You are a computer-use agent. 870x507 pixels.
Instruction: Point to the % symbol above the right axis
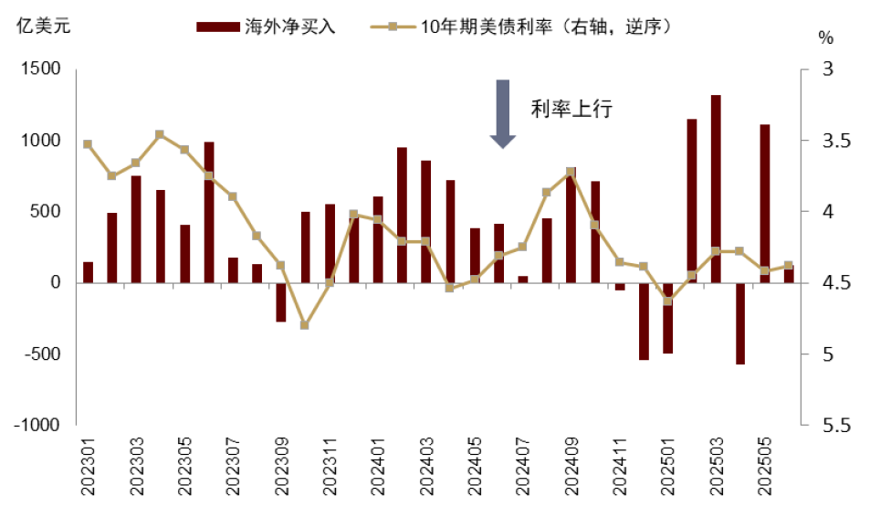[825, 38]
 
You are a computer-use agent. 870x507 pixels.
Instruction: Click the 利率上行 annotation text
[571, 109]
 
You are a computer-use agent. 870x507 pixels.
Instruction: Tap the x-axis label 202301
[89, 468]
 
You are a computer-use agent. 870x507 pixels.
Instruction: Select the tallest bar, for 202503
[716, 188]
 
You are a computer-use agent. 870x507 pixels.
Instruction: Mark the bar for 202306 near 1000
[209, 212]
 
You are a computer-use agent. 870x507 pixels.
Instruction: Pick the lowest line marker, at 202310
[305, 325]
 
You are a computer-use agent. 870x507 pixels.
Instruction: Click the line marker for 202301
[88, 144]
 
